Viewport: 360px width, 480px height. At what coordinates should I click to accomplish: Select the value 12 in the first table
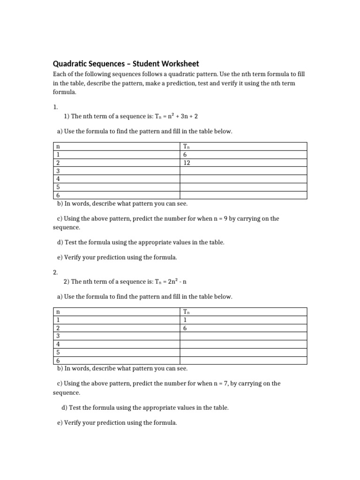tap(187, 163)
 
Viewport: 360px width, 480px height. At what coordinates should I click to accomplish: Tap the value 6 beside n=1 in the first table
tap(185, 155)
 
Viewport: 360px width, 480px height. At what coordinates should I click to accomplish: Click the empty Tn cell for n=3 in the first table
tap(243, 171)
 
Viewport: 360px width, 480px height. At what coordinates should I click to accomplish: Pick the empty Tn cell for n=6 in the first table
tap(243, 195)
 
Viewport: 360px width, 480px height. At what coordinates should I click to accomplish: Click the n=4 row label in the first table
tap(58, 179)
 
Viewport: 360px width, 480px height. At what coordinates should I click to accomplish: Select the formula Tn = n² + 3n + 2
tap(180, 115)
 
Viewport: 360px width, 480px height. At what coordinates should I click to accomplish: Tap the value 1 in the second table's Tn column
tap(185, 320)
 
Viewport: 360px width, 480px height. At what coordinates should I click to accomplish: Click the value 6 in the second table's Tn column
tap(185, 328)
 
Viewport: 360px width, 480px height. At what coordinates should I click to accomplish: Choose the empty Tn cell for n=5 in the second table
tap(243, 352)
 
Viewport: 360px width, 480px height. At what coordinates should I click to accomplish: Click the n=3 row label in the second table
tap(58, 336)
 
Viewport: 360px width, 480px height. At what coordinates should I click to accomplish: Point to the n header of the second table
tap(58, 312)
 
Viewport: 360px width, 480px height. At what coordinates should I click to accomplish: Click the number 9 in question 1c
tap(225, 218)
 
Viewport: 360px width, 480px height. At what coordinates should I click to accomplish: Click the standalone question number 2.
tap(55, 272)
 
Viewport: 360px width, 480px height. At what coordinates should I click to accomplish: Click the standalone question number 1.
tap(55, 107)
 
